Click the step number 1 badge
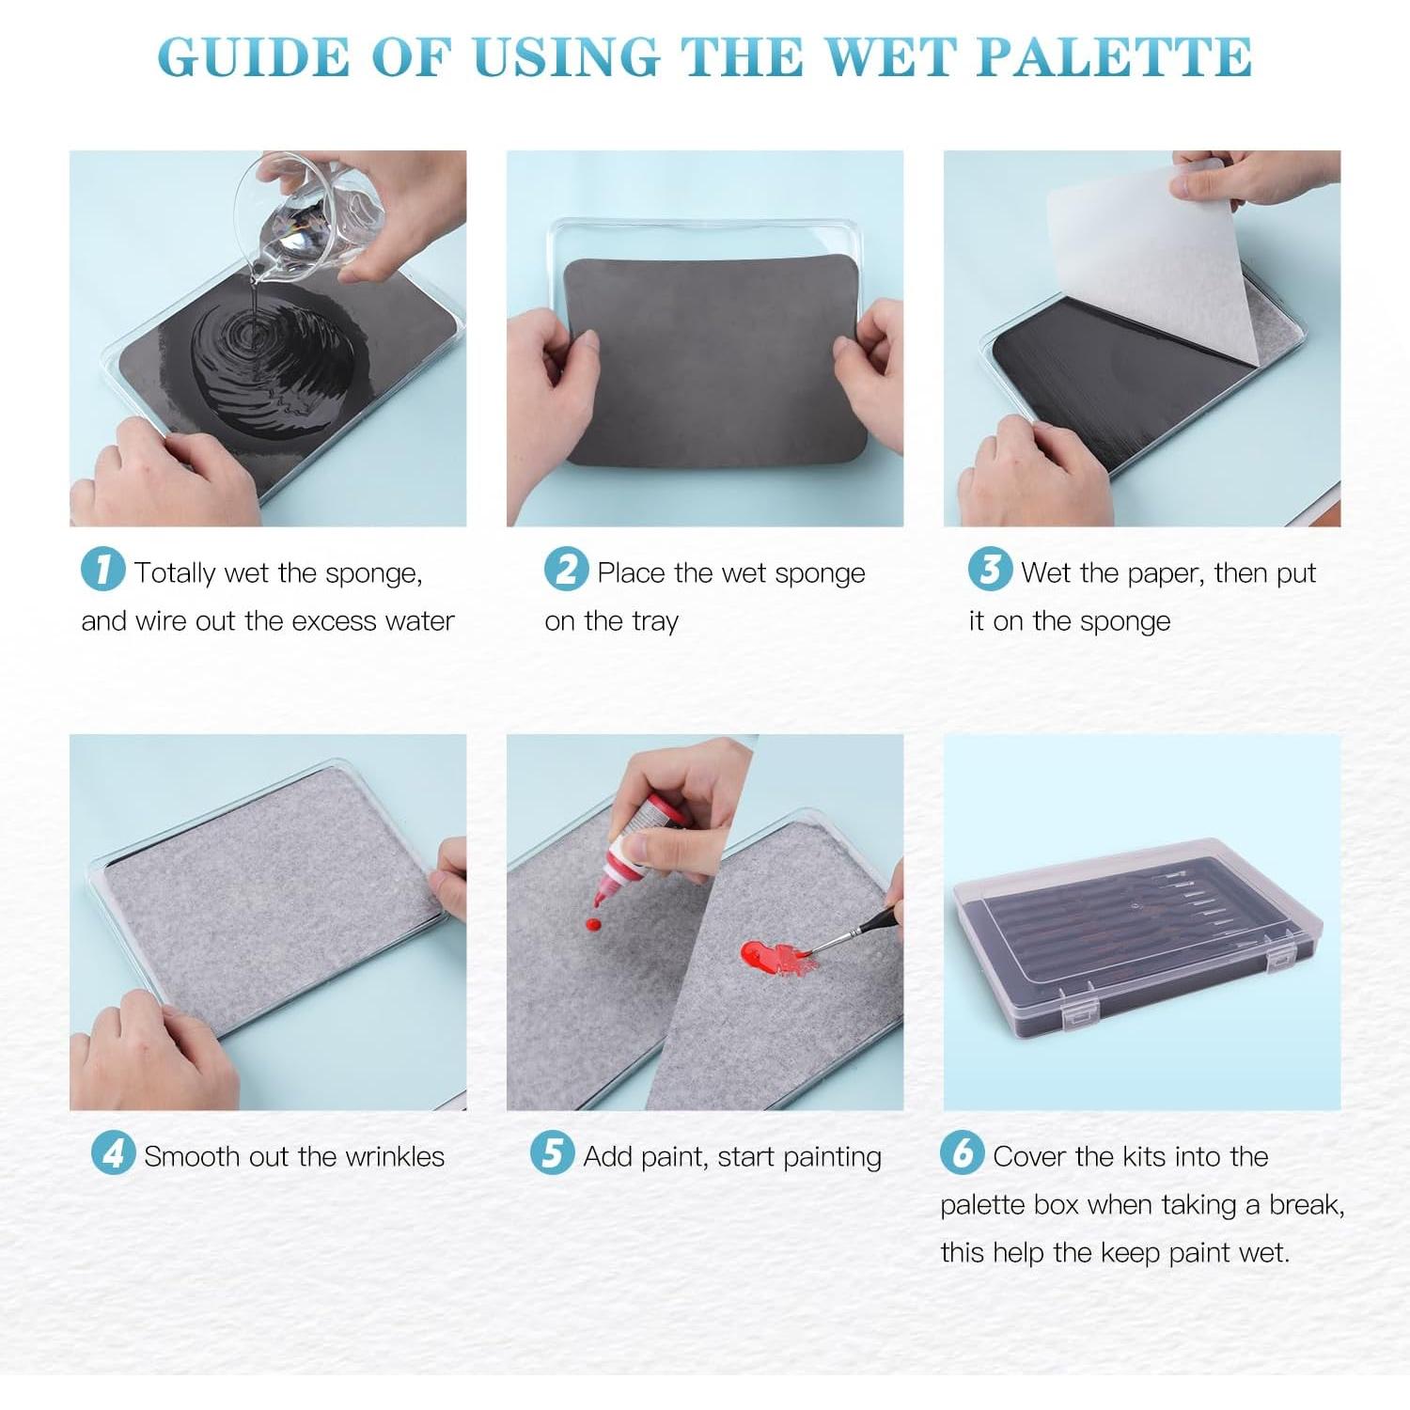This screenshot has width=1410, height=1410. [x=102, y=570]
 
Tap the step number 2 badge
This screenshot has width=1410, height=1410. [x=566, y=570]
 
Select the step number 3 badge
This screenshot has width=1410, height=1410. [x=990, y=570]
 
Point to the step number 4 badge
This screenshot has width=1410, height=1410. [x=113, y=1152]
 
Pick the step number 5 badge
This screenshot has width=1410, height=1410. [x=552, y=1152]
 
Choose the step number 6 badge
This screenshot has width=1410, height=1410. [x=962, y=1152]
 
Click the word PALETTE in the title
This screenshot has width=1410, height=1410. [x=1114, y=57]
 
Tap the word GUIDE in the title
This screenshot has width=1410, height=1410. [x=253, y=57]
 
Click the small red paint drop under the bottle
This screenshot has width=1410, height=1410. [x=593, y=925]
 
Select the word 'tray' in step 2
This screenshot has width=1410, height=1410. [x=655, y=622]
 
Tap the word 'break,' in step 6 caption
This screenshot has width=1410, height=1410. [x=1308, y=1205]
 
